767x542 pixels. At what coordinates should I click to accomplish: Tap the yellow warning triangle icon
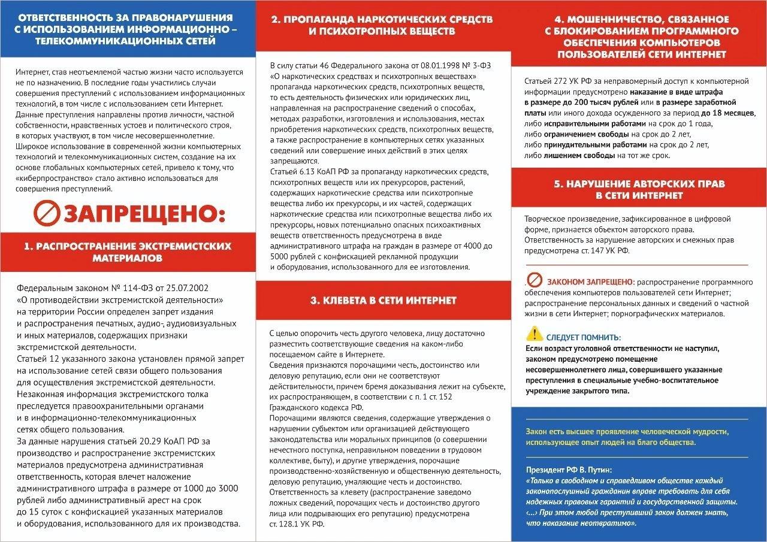click(534, 334)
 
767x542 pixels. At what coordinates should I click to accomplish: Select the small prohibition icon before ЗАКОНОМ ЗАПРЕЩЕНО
click(535, 280)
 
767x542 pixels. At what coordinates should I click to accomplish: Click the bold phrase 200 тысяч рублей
click(588, 103)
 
